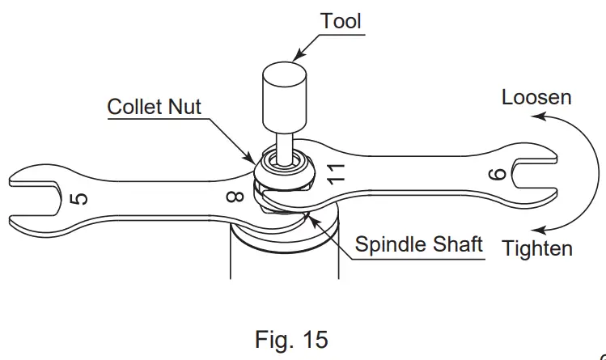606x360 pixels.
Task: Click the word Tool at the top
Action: tap(340, 20)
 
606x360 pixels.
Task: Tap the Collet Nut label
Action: tap(155, 105)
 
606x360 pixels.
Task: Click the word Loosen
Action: tap(536, 97)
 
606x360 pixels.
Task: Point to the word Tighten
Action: tap(537, 248)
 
